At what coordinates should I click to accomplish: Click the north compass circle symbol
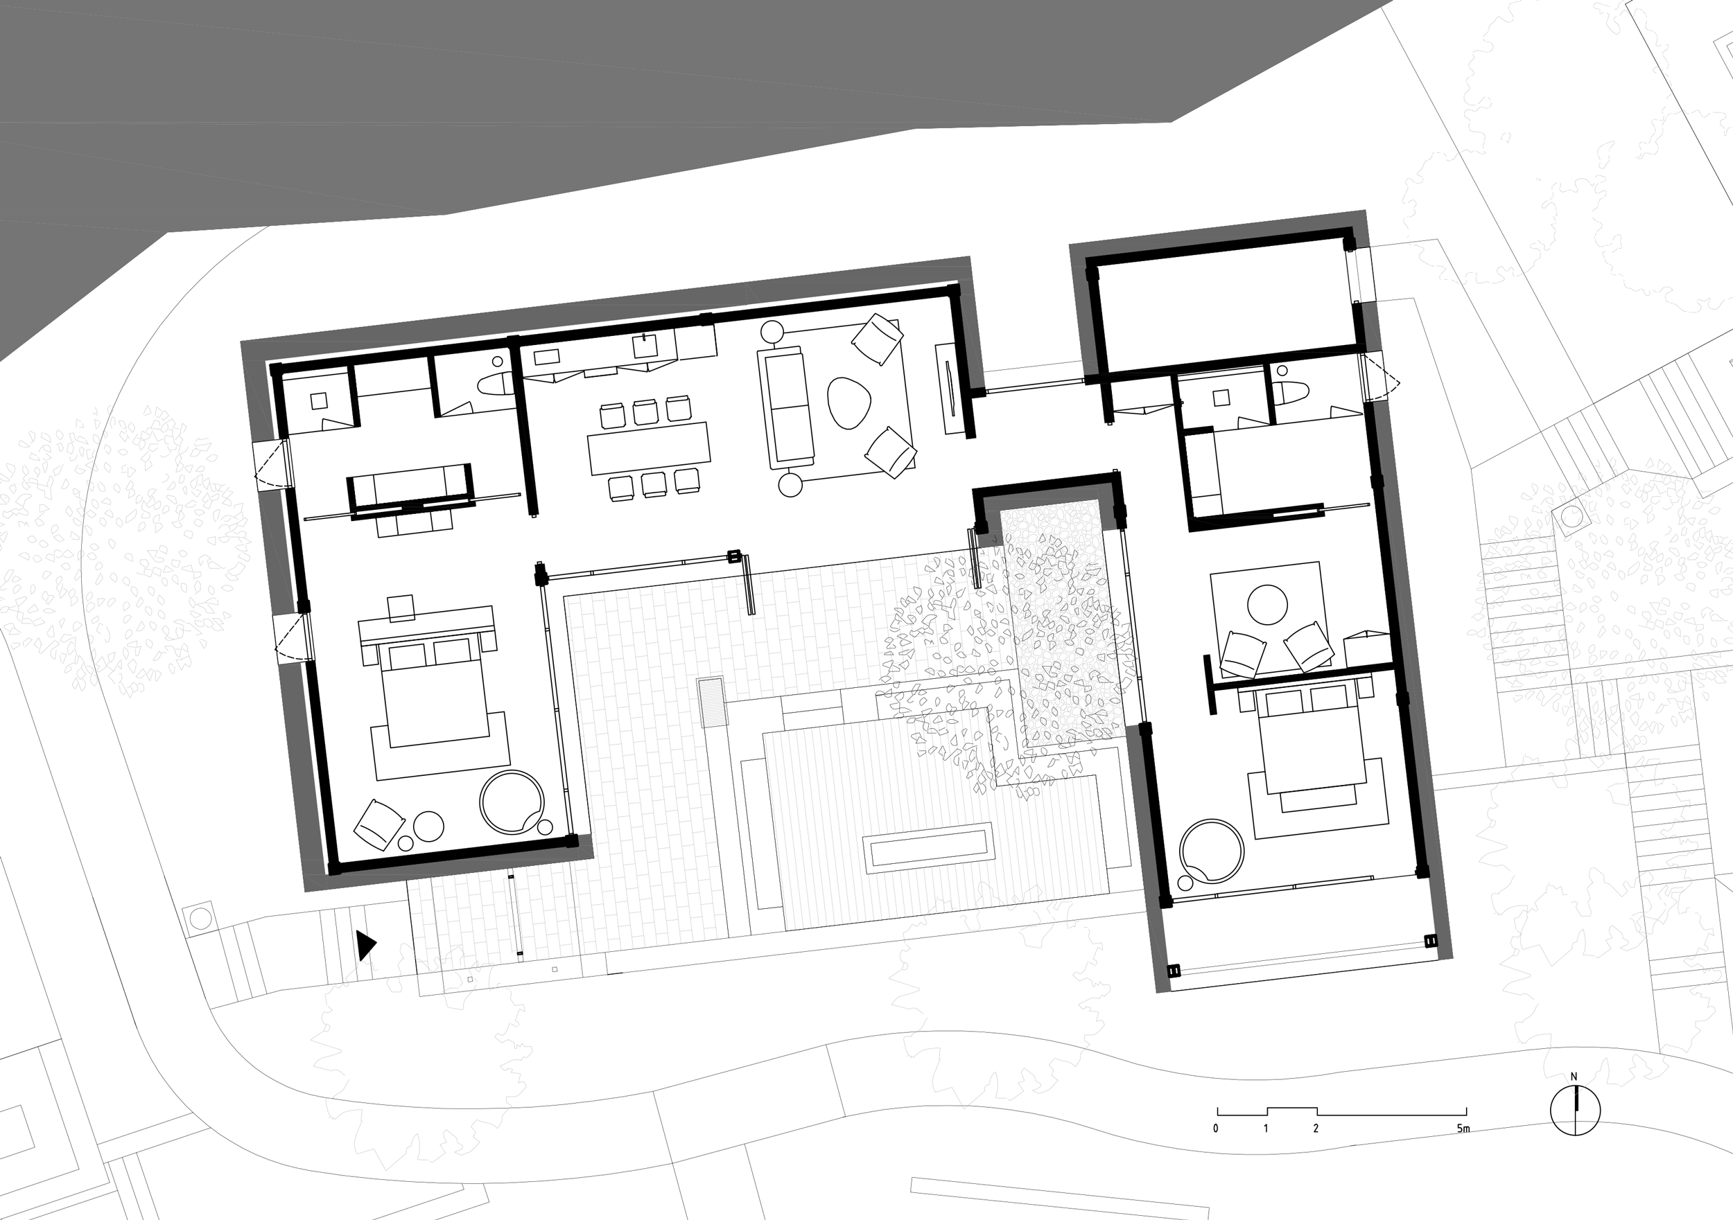[x=1574, y=1111]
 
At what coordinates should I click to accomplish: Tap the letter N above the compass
[x=1574, y=1077]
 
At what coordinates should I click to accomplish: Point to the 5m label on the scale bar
[x=1463, y=1129]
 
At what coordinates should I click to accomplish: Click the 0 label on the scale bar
[x=1215, y=1129]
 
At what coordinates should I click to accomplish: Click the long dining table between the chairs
[x=649, y=448]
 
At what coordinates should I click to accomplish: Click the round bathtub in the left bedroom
[x=512, y=802]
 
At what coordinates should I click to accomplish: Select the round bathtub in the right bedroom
[x=1212, y=850]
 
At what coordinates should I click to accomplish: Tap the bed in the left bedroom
[x=435, y=694]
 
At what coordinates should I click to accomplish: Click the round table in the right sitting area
[x=1267, y=605]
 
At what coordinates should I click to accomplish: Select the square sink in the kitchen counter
[x=645, y=346]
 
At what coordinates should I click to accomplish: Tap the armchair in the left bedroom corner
[x=378, y=824]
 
